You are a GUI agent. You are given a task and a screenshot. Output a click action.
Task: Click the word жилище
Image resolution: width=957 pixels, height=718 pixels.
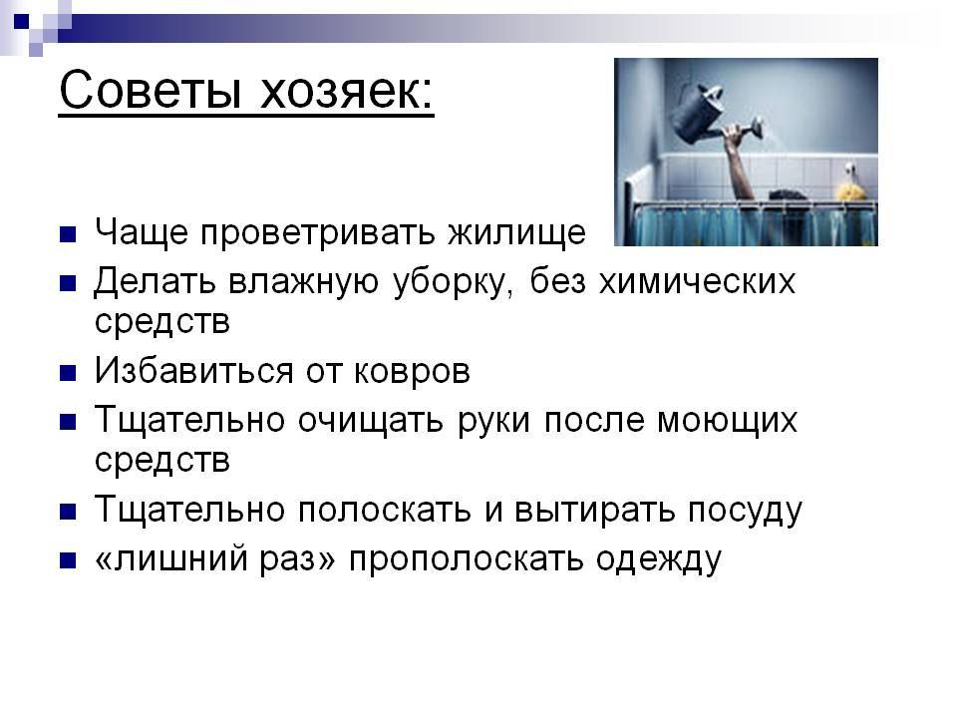(517, 233)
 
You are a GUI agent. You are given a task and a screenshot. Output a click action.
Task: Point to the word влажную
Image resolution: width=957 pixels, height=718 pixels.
(304, 281)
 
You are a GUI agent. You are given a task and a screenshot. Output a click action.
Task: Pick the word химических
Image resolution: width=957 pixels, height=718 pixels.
(697, 281)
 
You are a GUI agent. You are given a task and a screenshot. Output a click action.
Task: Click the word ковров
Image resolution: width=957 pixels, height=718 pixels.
(412, 371)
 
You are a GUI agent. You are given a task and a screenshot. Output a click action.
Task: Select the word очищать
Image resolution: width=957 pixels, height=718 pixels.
(370, 421)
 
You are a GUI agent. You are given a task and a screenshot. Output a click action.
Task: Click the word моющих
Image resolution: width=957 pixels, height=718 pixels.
(727, 421)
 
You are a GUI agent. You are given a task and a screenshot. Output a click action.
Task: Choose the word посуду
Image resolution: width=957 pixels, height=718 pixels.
(746, 511)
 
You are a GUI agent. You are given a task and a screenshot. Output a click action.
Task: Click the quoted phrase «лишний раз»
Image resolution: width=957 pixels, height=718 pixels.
(215, 558)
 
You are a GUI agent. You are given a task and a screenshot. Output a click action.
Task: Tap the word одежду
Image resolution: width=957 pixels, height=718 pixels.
(659, 559)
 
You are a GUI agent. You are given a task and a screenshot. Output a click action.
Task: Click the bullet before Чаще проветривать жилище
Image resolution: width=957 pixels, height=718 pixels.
(68, 234)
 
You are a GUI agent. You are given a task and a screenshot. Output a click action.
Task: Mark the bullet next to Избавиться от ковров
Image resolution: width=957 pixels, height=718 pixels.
(68, 372)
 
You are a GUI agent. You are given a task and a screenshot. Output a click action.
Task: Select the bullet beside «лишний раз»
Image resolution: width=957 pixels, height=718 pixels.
(68, 560)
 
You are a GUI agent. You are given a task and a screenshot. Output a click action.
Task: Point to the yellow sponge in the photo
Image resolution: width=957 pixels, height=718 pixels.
(851, 190)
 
